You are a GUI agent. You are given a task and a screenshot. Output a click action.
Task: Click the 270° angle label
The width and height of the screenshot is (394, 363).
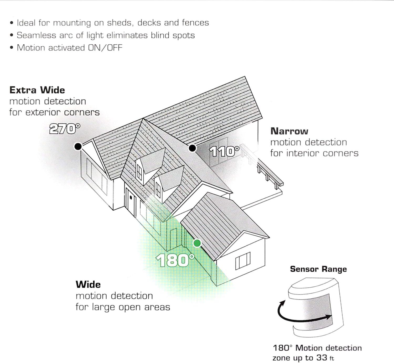(65, 129)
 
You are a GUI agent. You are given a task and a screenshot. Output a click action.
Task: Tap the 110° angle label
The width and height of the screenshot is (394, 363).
(224, 152)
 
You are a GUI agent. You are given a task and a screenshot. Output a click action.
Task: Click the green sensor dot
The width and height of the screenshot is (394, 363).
(197, 243)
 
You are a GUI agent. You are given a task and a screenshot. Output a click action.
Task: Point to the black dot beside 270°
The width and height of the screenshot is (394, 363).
(78, 146)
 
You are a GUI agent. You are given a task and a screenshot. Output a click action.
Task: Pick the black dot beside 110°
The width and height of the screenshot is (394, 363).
(192, 148)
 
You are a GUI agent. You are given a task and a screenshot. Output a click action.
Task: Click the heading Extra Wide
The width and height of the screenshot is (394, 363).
(37, 90)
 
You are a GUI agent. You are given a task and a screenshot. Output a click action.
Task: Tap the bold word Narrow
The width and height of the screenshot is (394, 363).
(289, 131)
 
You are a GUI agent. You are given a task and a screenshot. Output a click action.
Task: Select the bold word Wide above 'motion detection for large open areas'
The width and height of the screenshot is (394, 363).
(88, 284)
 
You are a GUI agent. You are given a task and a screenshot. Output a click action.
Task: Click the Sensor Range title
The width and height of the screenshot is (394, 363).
(318, 269)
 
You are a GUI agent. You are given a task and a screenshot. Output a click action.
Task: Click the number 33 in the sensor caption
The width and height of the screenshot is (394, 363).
(322, 358)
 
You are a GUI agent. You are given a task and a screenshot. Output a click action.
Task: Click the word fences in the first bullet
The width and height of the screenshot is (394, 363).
(195, 23)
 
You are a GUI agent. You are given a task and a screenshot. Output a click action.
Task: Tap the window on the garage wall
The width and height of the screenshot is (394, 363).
(243, 261)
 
